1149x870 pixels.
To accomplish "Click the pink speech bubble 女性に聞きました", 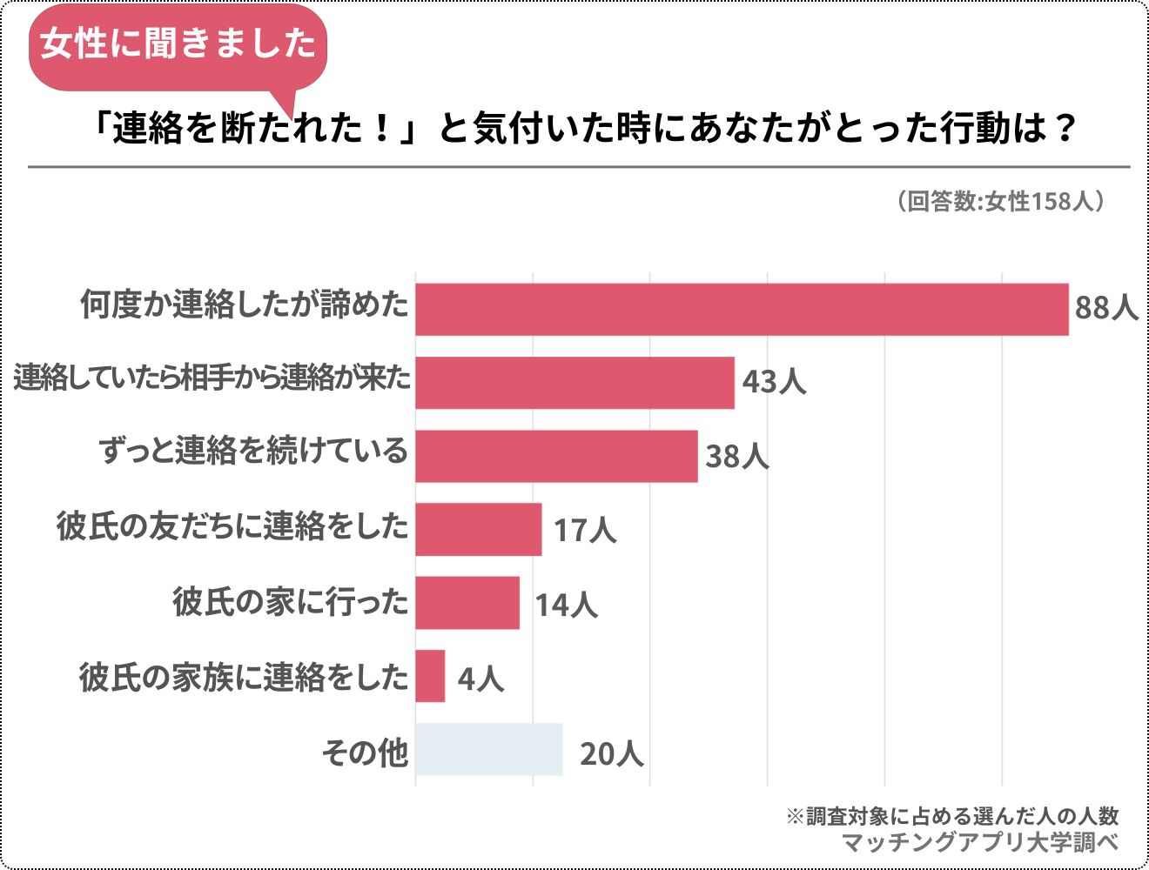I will coord(178,43).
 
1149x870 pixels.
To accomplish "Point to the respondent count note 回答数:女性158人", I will coord(1001,201).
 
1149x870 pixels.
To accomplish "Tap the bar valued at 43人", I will coord(574,382).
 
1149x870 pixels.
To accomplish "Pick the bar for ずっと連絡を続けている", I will coord(556,456).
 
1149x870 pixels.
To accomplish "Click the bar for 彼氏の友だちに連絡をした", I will coord(478,529).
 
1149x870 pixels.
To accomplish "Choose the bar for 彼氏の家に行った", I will coord(467,602).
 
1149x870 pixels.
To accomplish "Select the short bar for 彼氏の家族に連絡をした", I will coord(430,676).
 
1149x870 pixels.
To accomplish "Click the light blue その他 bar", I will coord(488,749).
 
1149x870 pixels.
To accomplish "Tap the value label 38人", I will coord(736,456).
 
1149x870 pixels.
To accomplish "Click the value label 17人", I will coord(585,530).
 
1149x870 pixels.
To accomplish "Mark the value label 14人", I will coord(566,604).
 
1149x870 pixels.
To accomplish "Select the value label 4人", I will coord(480,678).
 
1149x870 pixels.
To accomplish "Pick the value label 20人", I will coord(611,753).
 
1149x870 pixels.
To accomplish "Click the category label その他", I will coord(365,752).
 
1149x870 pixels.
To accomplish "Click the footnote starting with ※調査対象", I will coord(952,816).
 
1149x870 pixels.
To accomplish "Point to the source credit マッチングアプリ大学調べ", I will coord(979,842).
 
